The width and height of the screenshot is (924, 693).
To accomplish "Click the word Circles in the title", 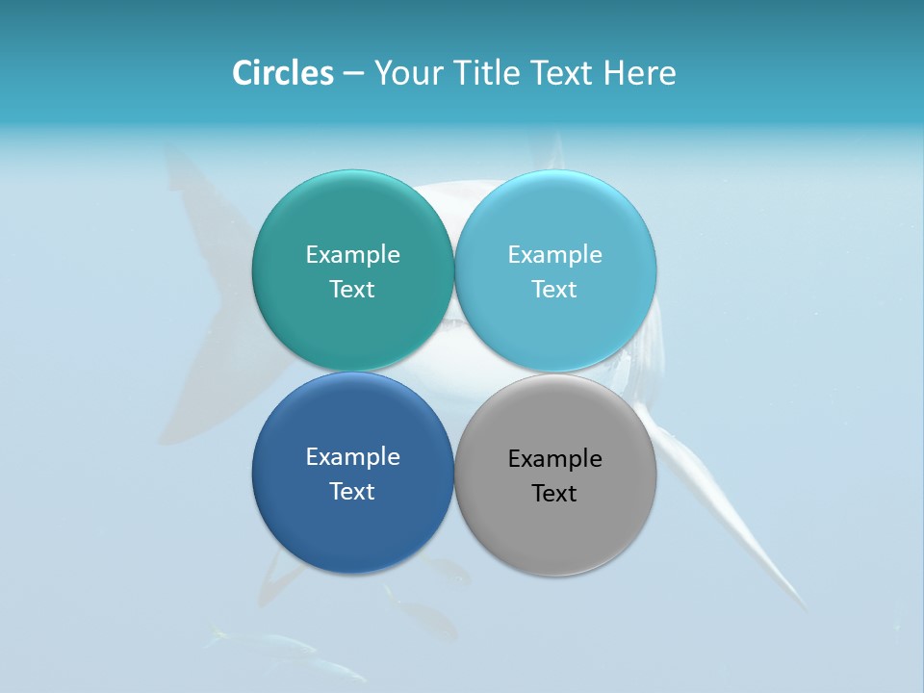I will click(283, 72).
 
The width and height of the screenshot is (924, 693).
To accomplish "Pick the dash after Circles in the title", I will click(353, 74).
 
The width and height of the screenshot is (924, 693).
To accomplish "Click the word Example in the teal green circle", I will click(352, 254).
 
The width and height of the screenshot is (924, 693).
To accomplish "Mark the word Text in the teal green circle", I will click(352, 289).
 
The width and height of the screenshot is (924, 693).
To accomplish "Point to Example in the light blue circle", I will click(554, 254).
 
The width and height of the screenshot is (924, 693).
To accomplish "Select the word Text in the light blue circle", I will click(554, 289).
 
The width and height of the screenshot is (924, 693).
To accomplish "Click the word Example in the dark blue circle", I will click(352, 456).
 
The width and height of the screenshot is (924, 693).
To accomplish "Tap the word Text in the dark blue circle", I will click(352, 491).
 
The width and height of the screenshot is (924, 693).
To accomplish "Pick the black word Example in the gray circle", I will click(554, 458).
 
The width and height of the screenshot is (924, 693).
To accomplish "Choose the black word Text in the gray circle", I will click(554, 493).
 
